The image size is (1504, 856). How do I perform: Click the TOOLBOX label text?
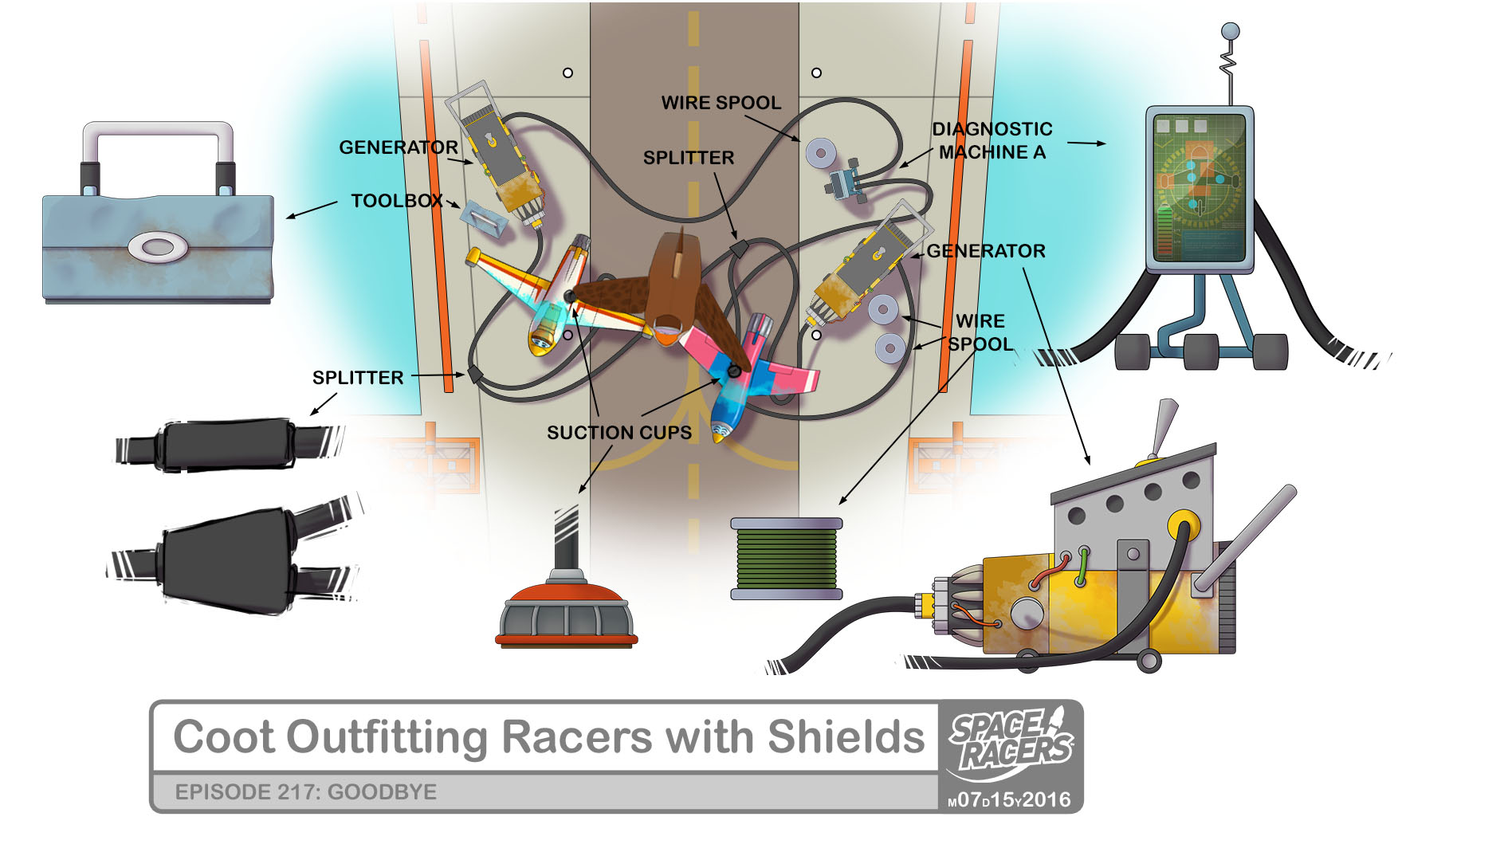[396, 201]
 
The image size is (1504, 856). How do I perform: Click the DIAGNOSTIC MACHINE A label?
[992, 140]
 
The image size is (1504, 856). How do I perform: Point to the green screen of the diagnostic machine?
[1199, 187]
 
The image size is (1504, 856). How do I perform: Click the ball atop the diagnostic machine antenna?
[1231, 32]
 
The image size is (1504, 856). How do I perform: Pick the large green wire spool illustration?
[786, 558]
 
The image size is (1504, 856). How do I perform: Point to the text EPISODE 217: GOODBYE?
[305, 792]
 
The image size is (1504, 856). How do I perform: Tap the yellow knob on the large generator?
[1183, 526]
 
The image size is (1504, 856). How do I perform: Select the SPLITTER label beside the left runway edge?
[357, 378]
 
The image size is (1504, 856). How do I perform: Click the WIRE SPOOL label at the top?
[721, 103]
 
